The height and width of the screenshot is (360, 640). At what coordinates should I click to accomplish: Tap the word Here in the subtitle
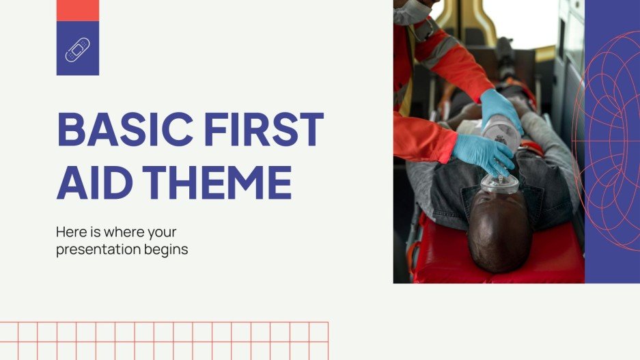click(x=70, y=232)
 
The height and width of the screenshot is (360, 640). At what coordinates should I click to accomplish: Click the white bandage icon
click(x=77, y=49)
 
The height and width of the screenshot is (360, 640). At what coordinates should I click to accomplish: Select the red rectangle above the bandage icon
click(x=77, y=10)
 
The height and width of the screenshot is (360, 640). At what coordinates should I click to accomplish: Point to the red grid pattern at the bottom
click(x=164, y=340)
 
